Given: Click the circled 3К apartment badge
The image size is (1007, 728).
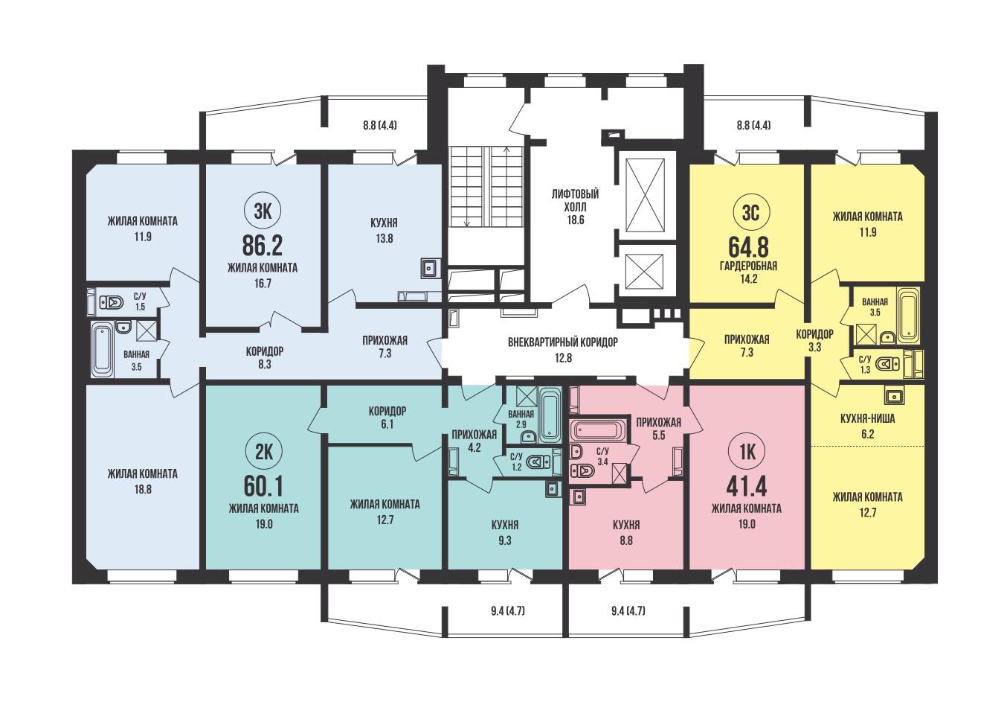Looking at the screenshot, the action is (263, 211).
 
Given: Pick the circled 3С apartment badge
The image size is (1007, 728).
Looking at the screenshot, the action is (750, 213).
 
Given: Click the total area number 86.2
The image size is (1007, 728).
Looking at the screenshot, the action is (263, 246).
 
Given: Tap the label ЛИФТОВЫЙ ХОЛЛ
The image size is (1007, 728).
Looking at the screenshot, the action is (576, 201).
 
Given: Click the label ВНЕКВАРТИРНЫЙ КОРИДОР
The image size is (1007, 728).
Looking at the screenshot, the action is (563, 342).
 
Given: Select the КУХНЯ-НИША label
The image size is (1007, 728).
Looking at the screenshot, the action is (868, 418).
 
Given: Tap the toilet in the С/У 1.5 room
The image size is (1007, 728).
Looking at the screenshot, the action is (111, 302).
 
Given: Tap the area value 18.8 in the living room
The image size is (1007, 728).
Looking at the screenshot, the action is (143, 490).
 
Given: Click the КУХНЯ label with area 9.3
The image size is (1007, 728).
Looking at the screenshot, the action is (505, 525).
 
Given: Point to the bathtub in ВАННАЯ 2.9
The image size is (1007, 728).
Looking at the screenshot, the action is (550, 415).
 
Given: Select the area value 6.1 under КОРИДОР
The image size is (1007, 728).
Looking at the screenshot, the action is (387, 424).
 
